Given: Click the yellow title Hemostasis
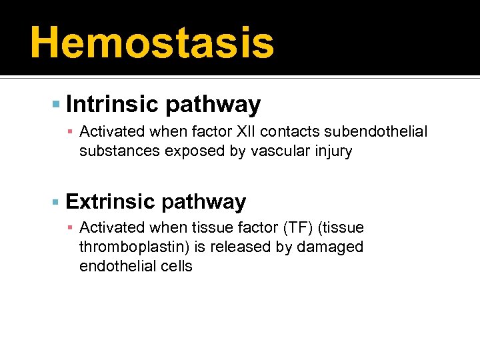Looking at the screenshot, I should click(152, 42).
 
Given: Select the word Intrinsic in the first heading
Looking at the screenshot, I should click(111, 105).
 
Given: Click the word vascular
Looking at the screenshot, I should click(278, 151).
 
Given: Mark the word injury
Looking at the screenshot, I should click(331, 151).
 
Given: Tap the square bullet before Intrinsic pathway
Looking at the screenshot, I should click(56, 105).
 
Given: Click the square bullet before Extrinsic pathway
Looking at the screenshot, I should click(56, 202).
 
